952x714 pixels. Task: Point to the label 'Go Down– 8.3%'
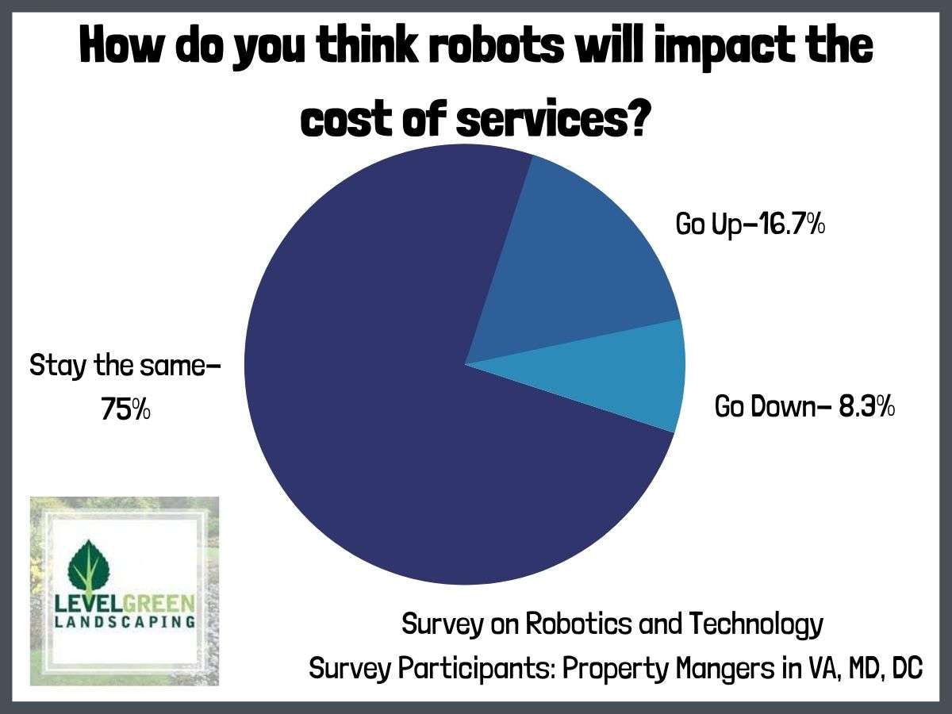click(805, 407)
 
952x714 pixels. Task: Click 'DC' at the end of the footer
click(906, 668)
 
